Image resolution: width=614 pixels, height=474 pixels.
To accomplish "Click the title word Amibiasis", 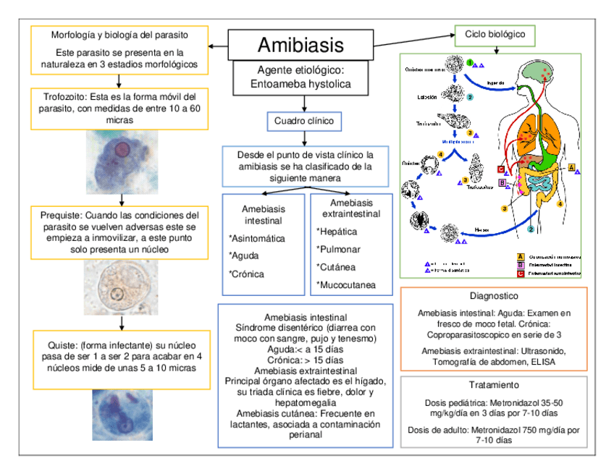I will pyautogui.click(x=300, y=46).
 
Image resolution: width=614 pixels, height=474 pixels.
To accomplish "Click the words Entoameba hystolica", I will pyautogui.click(x=300, y=85).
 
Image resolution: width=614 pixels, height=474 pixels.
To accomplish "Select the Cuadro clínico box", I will pyautogui.click(x=304, y=121).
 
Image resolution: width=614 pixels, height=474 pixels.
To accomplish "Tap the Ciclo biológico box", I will pyautogui.click(x=495, y=33).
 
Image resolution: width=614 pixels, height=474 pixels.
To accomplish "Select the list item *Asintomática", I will pyautogui.click(x=256, y=238).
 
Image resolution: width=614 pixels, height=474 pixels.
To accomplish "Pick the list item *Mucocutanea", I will pyautogui.click(x=346, y=285).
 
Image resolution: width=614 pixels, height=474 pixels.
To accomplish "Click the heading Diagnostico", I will pyautogui.click(x=495, y=297).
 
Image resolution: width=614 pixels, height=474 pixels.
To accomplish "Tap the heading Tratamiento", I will pyautogui.click(x=495, y=385).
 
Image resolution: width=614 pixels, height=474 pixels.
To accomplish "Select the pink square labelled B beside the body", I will pyautogui.click(x=502, y=184).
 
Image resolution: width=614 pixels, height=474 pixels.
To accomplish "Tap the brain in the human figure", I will pyautogui.click(x=539, y=71).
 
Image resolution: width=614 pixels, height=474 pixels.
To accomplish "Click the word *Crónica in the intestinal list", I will pyautogui.click(x=246, y=274).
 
